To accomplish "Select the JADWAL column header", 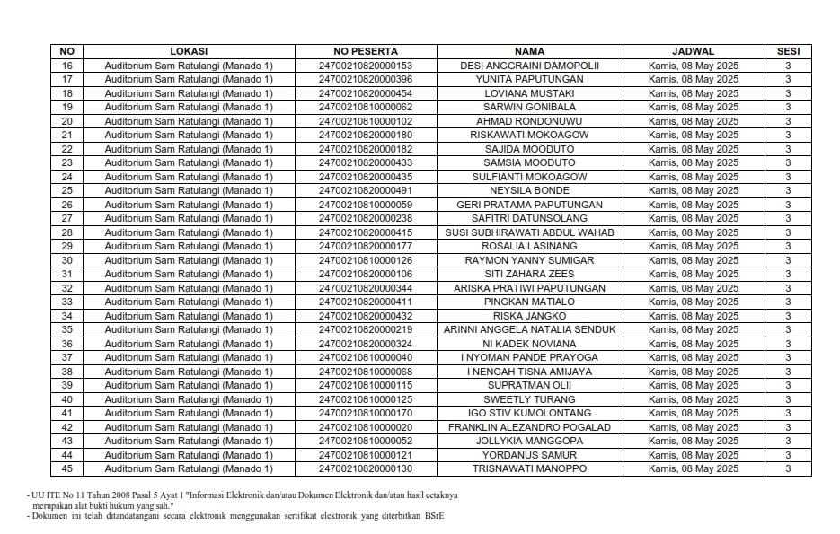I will [693, 51].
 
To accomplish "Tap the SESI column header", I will [788, 51].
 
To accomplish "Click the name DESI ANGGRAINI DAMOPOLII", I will [529, 66].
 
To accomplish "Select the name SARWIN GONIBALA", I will [529, 108].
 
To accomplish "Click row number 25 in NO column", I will [66, 190].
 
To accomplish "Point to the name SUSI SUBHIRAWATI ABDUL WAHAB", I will [529, 232].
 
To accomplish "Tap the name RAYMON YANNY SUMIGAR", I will [529, 260].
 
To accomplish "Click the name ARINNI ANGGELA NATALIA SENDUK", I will [529, 329].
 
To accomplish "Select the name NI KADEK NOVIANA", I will [529, 344].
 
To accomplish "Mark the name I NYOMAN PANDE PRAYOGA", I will [529, 357].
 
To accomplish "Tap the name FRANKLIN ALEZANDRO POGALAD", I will [529, 427].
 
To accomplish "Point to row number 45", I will [66, 468].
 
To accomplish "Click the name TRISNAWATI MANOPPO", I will [529, 468].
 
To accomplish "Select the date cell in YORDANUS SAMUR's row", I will [693, 455].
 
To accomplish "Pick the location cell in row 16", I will [188, 66].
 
